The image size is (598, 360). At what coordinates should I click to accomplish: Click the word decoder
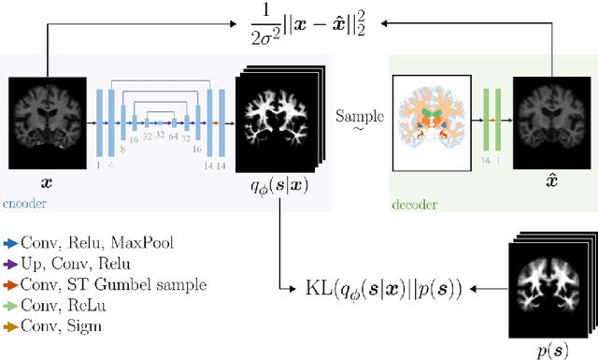pyautogui.click(x=417, y=202)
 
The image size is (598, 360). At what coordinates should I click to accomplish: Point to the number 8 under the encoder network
pyautogui.click(x=122, y=148)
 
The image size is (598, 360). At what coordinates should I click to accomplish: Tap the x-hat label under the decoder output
pyautogui.click(x=551, y=178)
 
